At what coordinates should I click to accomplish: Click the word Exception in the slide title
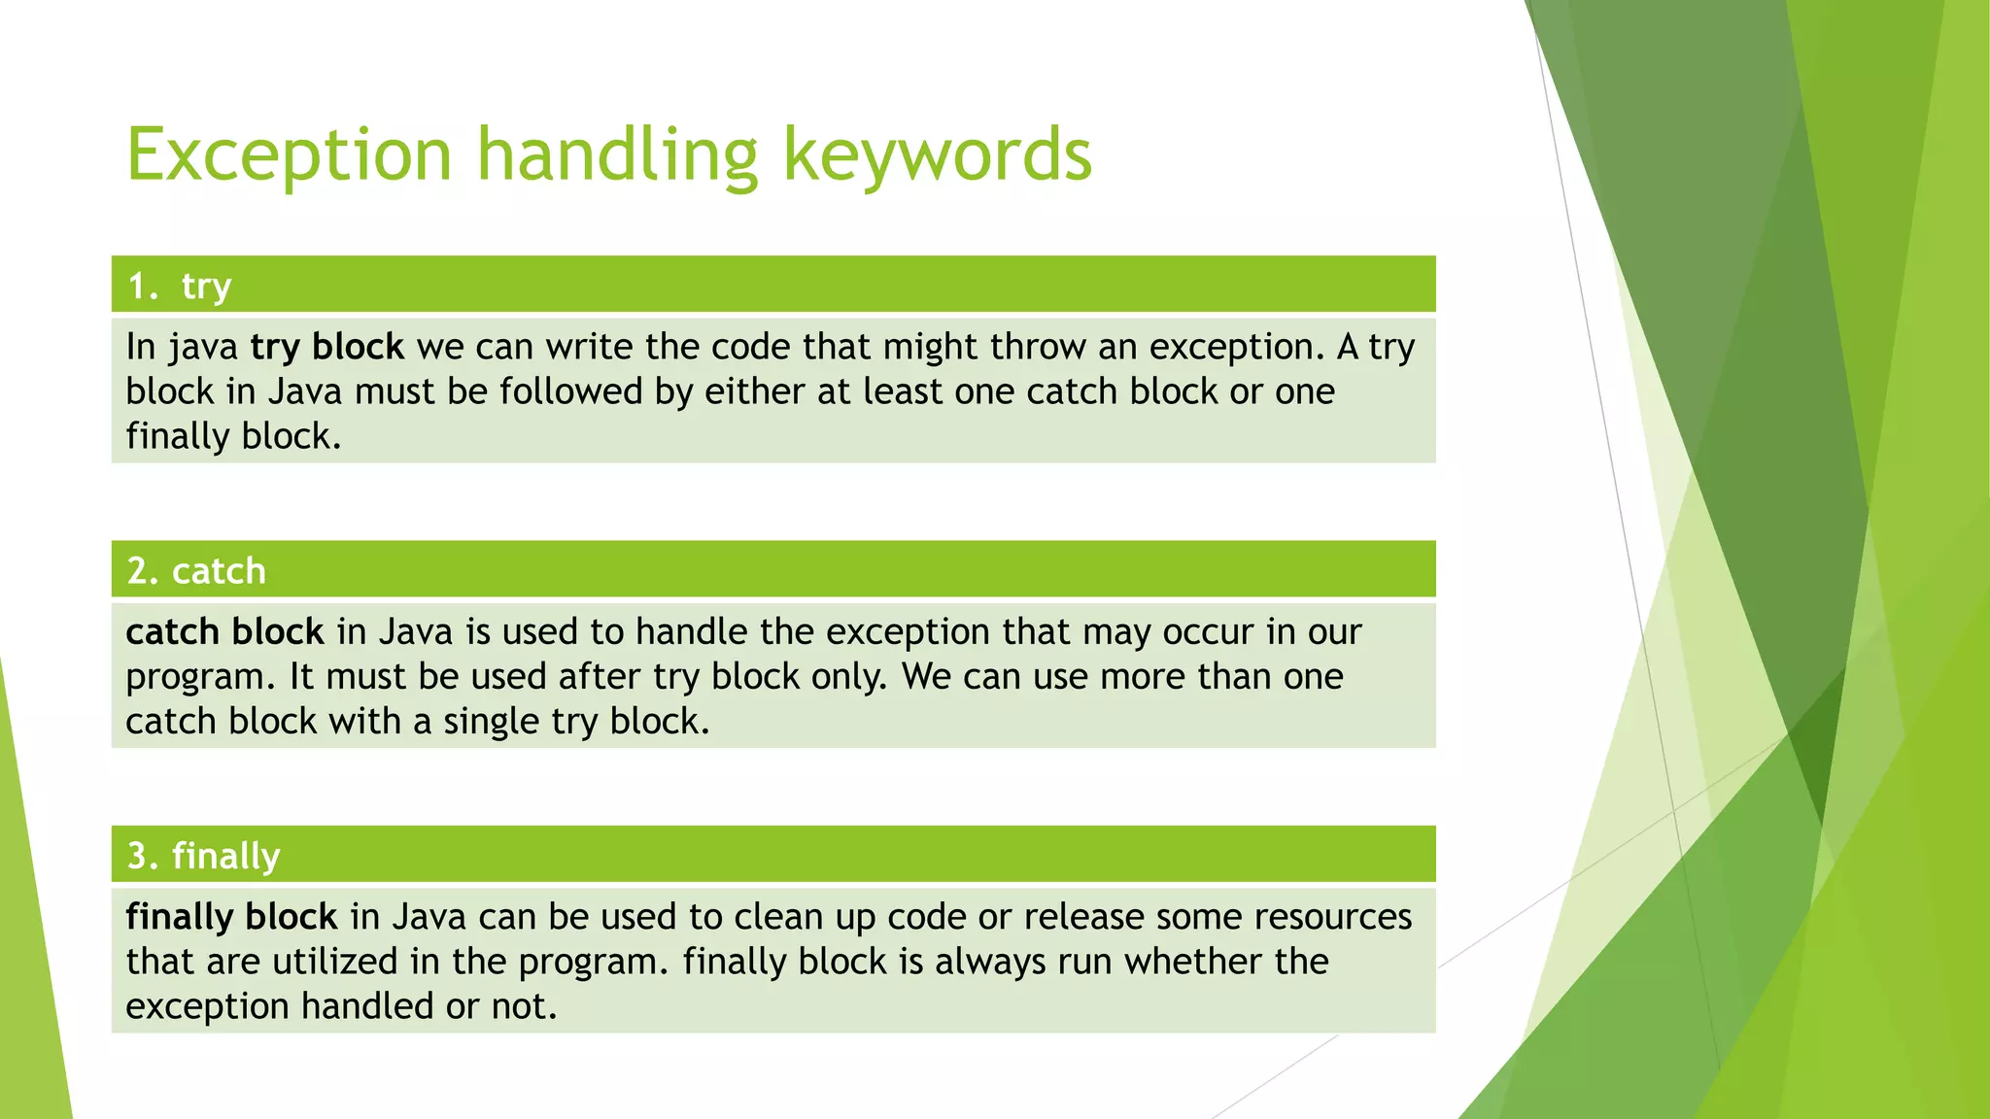point(290,154)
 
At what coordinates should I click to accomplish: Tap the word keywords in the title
point(938,154)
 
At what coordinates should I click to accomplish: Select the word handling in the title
point(617,154)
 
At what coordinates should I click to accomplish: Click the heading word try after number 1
point(206,287)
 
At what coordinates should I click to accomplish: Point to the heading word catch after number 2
point(219,571)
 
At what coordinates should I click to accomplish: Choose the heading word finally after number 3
point(225,857)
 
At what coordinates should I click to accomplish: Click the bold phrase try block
point(326,347)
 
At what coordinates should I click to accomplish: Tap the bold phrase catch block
point(224,632)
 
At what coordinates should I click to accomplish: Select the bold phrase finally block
point(231,917)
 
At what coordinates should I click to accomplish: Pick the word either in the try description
point(753,391)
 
